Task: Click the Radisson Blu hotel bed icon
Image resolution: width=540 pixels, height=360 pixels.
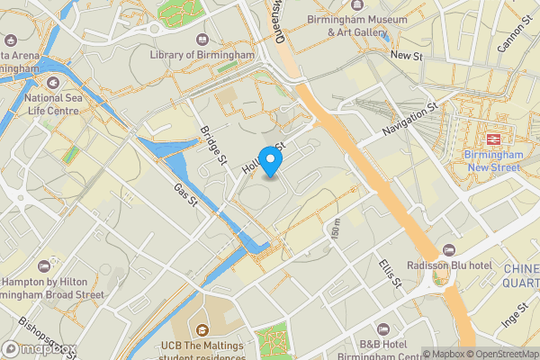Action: (x=450, y=251)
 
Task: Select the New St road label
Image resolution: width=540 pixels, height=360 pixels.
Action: (x=407, y=56)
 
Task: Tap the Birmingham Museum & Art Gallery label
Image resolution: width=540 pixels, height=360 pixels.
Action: (x=355, y=25)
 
